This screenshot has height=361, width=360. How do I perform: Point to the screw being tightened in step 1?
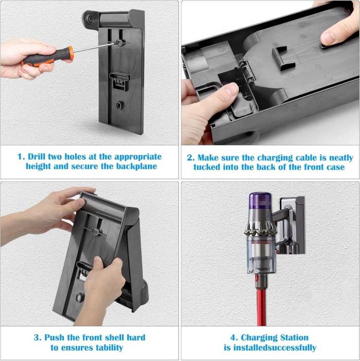point(119,43)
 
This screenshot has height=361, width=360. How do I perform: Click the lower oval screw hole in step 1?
point(119,105)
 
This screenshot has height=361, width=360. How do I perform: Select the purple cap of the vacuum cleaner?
point(261,200)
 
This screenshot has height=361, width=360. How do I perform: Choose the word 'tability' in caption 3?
point(109,348)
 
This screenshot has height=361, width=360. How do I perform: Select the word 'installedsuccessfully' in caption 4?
point(275,348)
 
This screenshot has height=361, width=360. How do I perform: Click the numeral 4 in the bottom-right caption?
point(233,338)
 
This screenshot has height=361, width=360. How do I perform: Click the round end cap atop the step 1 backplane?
point(89,19)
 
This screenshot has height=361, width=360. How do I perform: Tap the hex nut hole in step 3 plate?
point(80,298)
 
